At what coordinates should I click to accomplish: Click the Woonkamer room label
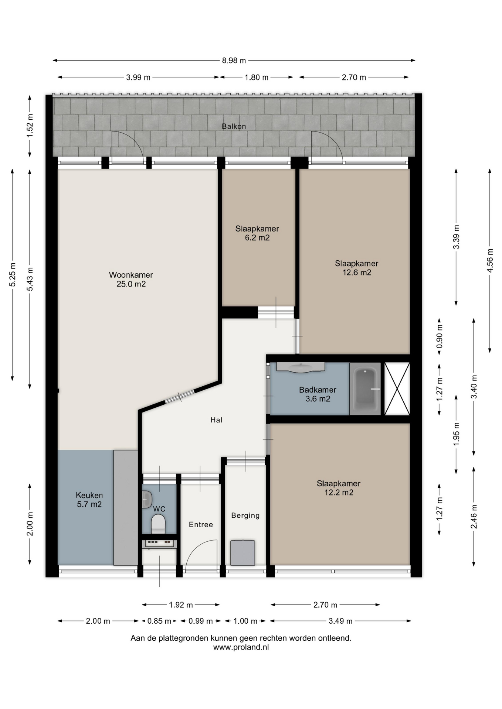pos(131,275)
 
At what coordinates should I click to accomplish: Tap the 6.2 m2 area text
pos(257,238)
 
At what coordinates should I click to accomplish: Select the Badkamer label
pos(318,390)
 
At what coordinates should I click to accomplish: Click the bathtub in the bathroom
pos(365,389)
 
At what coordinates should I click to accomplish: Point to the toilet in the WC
pos(158,524)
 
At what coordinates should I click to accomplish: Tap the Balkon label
pos(234,126)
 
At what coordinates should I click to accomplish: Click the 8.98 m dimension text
pos(234,61)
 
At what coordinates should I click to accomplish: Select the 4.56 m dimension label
pos(490,260)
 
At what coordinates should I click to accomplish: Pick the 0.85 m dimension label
pos(159,621)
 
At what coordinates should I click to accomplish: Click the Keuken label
pos(89,495)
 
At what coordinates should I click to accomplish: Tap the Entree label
pos(201,525)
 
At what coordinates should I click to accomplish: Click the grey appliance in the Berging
pos(242,553)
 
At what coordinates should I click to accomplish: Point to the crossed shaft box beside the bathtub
pos(397,389)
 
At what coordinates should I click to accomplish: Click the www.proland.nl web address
pos(241,647)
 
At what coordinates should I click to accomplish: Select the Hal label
pos(216,420)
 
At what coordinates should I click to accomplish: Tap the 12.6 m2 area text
pos(357,273)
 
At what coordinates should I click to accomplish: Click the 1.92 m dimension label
pos(181,605)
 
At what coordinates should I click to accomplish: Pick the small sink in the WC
pos(147,500)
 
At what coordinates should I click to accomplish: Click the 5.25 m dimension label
pos(13,274)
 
